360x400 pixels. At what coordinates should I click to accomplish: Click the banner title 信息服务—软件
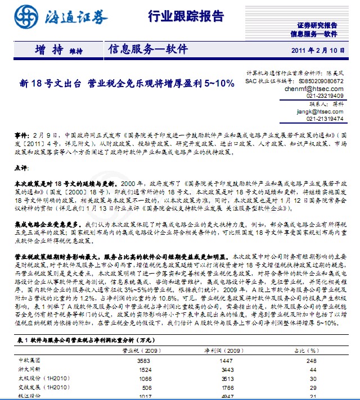(148, 49)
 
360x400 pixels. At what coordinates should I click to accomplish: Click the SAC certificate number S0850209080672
(320, 81)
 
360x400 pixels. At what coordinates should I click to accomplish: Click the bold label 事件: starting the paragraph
(20, 137)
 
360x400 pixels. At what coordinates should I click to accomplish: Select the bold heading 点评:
(21, 167)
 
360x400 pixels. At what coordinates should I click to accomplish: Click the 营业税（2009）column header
(141, 350)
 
